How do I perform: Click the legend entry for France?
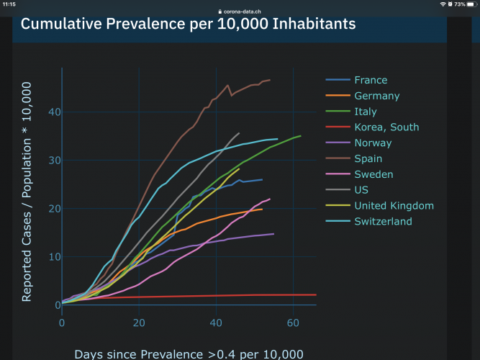pos(371,80)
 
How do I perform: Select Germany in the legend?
pos(376,96)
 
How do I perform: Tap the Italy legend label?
pos(366,112)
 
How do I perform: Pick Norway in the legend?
pos(373,143)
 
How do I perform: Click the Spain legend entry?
pos(368,158)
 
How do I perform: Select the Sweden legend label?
pos(373,174)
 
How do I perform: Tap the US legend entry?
pos(361,190)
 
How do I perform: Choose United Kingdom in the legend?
pos(394,206)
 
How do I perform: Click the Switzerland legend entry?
pos(383,221)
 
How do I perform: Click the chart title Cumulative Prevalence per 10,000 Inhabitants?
pos(188,24)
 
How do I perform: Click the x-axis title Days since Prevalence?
pos(189,354)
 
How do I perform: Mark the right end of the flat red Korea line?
pos(316,294)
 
